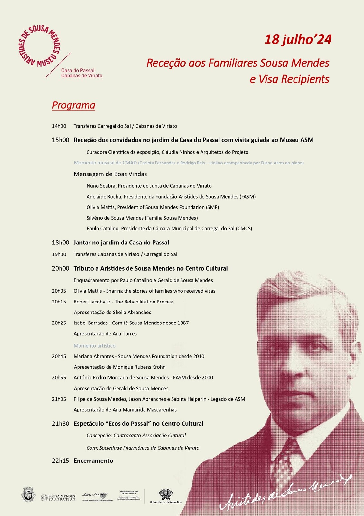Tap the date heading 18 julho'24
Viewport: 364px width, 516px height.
click(x=298, y=39)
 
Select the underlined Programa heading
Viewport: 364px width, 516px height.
click(x=73, y=105)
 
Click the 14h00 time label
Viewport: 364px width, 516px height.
click(x=59, y=126)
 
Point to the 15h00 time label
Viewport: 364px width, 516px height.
click(x=61, y=140)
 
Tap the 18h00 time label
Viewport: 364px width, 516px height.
click(x=61, y=243)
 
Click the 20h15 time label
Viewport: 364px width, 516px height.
click(x=59, y=302)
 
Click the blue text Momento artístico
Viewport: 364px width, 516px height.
click(x=94, y=346)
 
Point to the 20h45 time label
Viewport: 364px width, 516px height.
click(x=59, y=356)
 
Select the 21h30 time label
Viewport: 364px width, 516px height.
click(x=61, y=424)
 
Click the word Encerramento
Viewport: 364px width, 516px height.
click(x=93, y=461)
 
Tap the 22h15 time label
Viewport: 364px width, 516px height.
click(x=61, y=461)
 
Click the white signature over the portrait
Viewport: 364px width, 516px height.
click(x=283, y=492)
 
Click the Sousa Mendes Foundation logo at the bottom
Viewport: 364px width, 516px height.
click(x=58, y=498)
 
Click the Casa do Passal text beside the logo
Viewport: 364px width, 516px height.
click(x=78, y=70)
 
